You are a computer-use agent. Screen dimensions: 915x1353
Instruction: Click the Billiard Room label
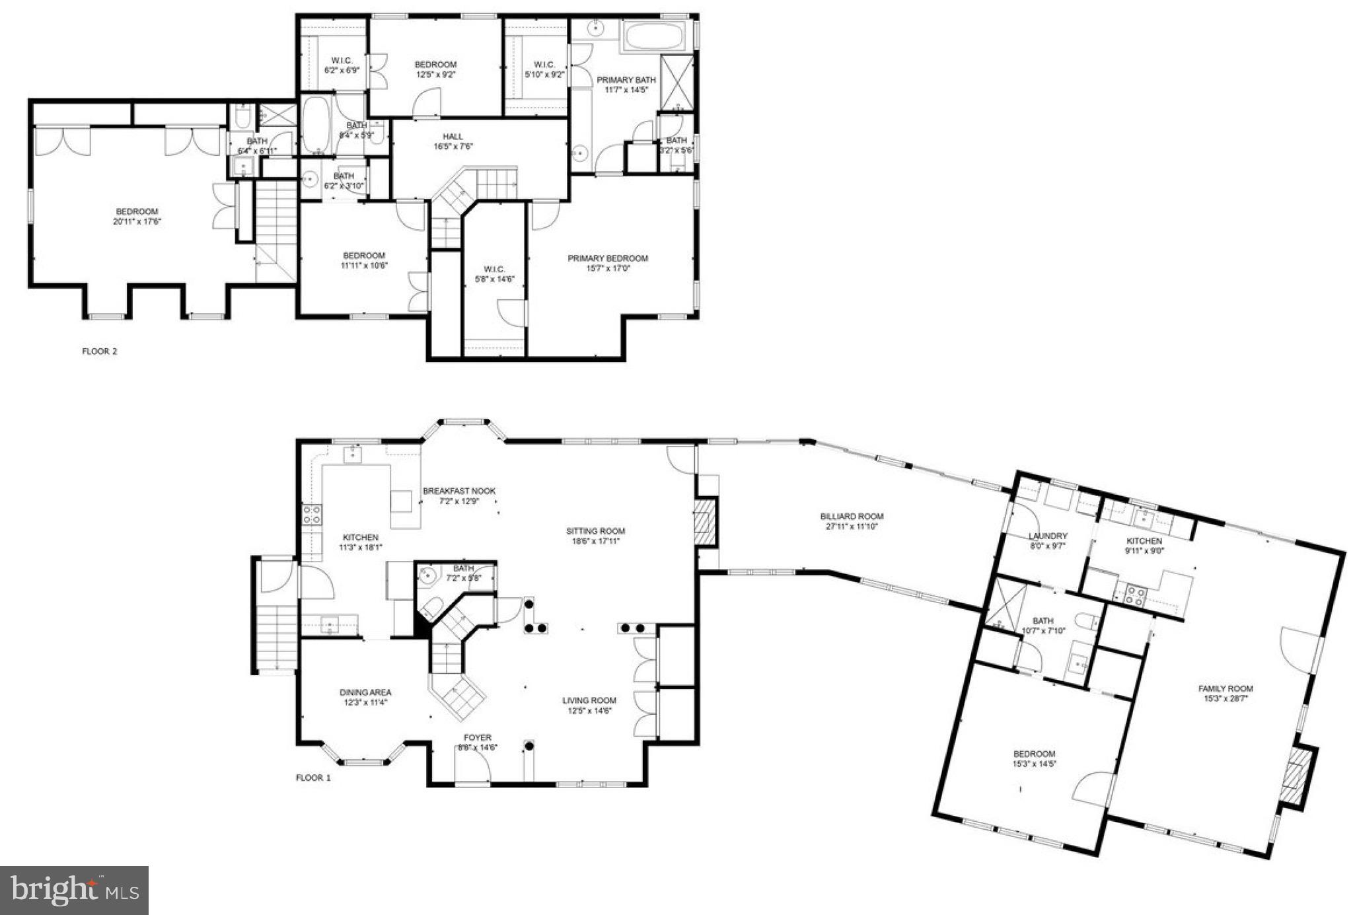point(852,517)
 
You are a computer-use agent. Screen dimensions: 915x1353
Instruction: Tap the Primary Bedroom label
point(608,258)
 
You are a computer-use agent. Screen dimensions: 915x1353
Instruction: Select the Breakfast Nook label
point(459,491)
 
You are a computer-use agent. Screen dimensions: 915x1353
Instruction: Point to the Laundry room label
point(1048,536)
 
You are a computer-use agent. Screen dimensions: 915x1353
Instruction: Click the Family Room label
point(1225,688)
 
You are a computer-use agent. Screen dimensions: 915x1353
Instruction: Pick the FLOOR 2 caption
point(100,351)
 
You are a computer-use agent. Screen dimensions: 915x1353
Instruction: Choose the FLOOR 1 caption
point(313,778)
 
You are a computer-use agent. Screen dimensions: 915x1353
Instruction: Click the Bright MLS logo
point(74,890)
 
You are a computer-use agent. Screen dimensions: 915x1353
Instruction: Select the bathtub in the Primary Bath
point(655,36)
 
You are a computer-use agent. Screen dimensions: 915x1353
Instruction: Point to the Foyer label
point(477,737)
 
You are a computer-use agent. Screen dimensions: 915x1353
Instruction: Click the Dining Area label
point(365,692)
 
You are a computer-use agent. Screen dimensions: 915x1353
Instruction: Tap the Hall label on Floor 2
point(453,137)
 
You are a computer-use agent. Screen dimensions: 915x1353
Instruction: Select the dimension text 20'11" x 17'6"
point(137,222)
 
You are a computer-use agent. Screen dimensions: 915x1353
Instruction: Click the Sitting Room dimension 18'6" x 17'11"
point(595,541)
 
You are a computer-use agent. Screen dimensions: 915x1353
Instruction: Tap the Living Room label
point(589,700)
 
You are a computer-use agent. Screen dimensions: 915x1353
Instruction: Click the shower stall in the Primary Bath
point(676,82)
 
